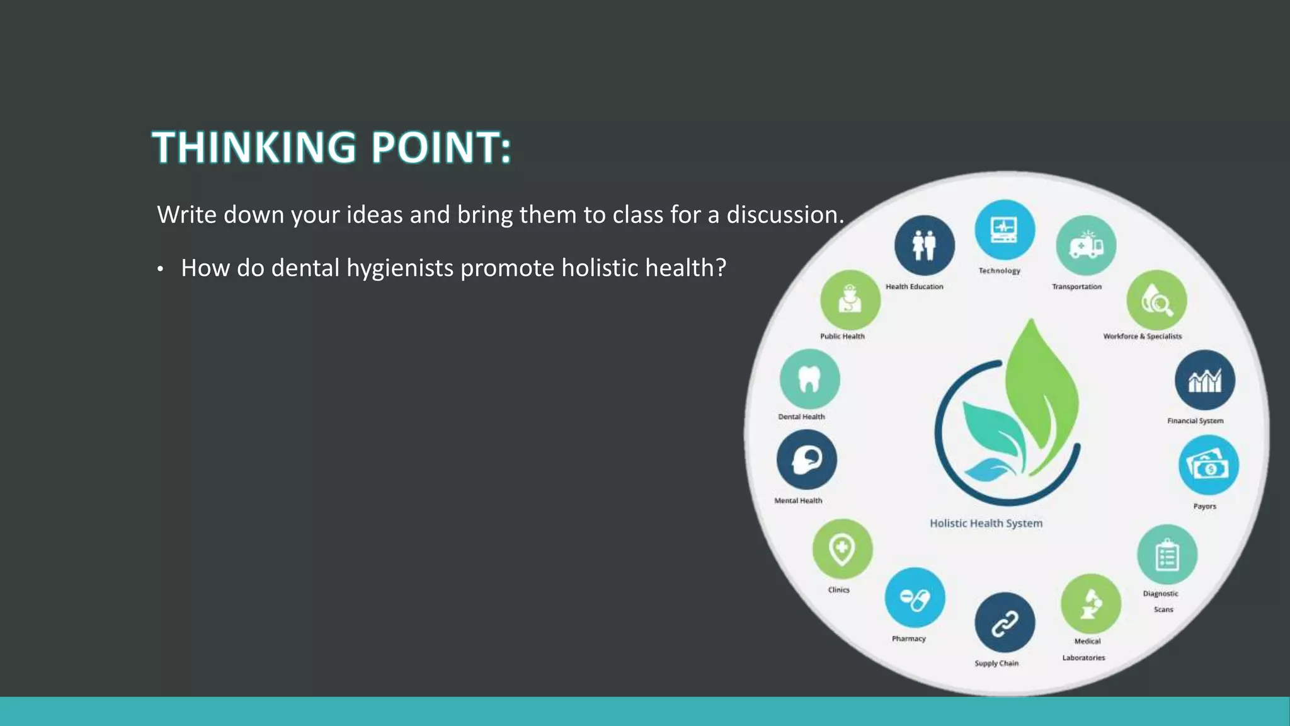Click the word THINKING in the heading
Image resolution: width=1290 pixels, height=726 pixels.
[254, 147]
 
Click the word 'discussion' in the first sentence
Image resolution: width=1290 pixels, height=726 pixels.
[784, 215]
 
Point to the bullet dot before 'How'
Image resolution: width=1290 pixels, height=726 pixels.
[161, 270]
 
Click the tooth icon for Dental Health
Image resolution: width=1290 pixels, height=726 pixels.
[809, 379]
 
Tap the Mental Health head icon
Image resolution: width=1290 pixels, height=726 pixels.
[806, 459]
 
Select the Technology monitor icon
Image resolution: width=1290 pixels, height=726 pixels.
[1005, 229]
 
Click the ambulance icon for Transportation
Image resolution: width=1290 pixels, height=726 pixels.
[1085, 245]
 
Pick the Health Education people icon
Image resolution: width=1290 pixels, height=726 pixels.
[924, 245]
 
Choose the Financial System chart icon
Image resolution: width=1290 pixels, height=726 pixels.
[1204, 380]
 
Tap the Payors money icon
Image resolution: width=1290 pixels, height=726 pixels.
[1208, 465]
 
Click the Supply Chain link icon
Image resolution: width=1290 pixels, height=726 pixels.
[1005, 623]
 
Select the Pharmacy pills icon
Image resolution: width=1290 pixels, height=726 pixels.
[915, 597]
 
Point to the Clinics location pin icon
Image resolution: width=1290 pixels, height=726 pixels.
[842, 549]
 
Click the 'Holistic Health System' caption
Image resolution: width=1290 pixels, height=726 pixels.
[986, 523]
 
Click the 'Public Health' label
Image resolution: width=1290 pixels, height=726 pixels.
[842, 336]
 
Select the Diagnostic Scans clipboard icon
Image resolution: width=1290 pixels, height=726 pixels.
[1167, 555]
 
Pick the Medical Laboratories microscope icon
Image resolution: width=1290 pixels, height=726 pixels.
[1090, 604]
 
